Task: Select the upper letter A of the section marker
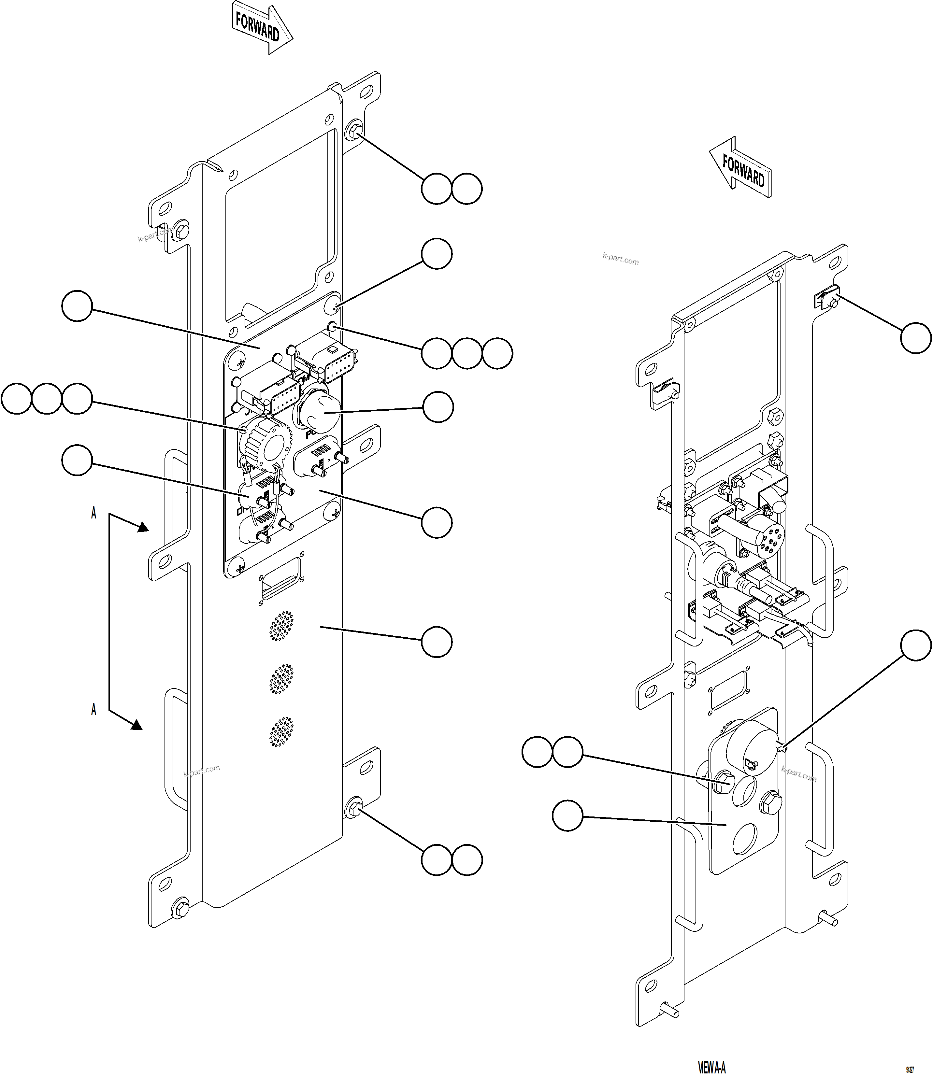(94, 513)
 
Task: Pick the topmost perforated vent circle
(281, 625)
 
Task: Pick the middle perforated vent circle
(281, 679)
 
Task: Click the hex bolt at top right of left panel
(354, 130)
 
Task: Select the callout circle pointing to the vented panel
(436, 642)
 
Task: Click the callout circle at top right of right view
(915, 338)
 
